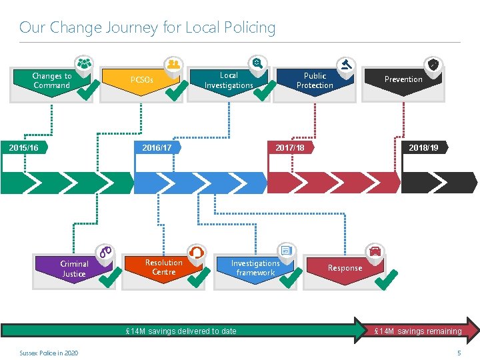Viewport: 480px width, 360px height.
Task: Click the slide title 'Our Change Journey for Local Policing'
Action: tap(147, 27)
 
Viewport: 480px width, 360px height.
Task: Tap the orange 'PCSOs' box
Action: tap(141, 80)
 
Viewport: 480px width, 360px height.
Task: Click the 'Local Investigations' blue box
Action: tap(228, 81)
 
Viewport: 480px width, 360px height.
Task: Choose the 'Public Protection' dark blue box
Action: tap(315, 81)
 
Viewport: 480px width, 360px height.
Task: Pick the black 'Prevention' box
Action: tap(403, 79)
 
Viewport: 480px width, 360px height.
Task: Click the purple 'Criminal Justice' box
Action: tap(73, 269)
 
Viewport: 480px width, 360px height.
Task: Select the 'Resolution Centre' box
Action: tap(163, 267)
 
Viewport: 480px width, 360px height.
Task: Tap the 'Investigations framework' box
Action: tap(255, 268)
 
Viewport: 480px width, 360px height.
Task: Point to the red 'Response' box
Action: tap(344, 268)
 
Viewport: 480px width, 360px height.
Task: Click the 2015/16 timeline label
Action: tap(24, 147)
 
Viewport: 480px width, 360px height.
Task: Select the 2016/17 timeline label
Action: tap(157, 147)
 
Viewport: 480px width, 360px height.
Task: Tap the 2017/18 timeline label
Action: tap(290, 147)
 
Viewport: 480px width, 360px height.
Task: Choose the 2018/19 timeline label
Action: tap(424, 147)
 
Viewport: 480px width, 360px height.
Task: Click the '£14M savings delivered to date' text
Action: tap(181, 331)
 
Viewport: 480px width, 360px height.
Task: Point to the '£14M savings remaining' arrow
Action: tap(418, 331)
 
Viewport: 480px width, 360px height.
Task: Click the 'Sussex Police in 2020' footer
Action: tap(49, 353)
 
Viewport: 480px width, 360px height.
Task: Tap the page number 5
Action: tap(459, 353)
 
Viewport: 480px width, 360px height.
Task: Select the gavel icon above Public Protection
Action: tap(346, 65)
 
